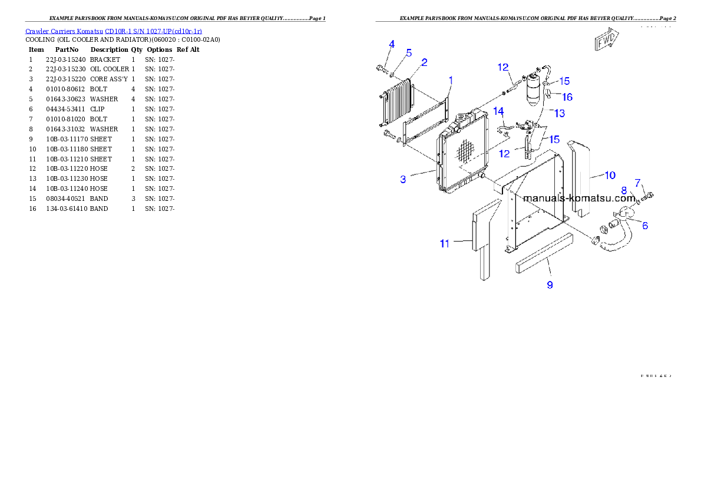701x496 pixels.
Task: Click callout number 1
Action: tap(451, 79)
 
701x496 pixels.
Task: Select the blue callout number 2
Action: tap(424, 62)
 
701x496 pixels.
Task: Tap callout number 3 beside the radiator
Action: tap(403, 179)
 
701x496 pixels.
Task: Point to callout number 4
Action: tap(392, 44)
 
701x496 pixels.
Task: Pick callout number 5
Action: tap(409, 52)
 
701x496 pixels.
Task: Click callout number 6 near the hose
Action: tap(645, 226)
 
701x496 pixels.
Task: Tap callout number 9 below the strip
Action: tap(550, 285)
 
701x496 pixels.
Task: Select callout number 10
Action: tap(610, 175)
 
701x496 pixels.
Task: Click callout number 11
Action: tap(445, 243)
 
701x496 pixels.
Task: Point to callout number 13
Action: tap(559, 113)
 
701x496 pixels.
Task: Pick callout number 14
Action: tap(498, 111)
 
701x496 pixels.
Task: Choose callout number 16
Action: tap(567, 97)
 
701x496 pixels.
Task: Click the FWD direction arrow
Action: tap(606, 41)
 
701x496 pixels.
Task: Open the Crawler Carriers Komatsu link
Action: tap(114, 31)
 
